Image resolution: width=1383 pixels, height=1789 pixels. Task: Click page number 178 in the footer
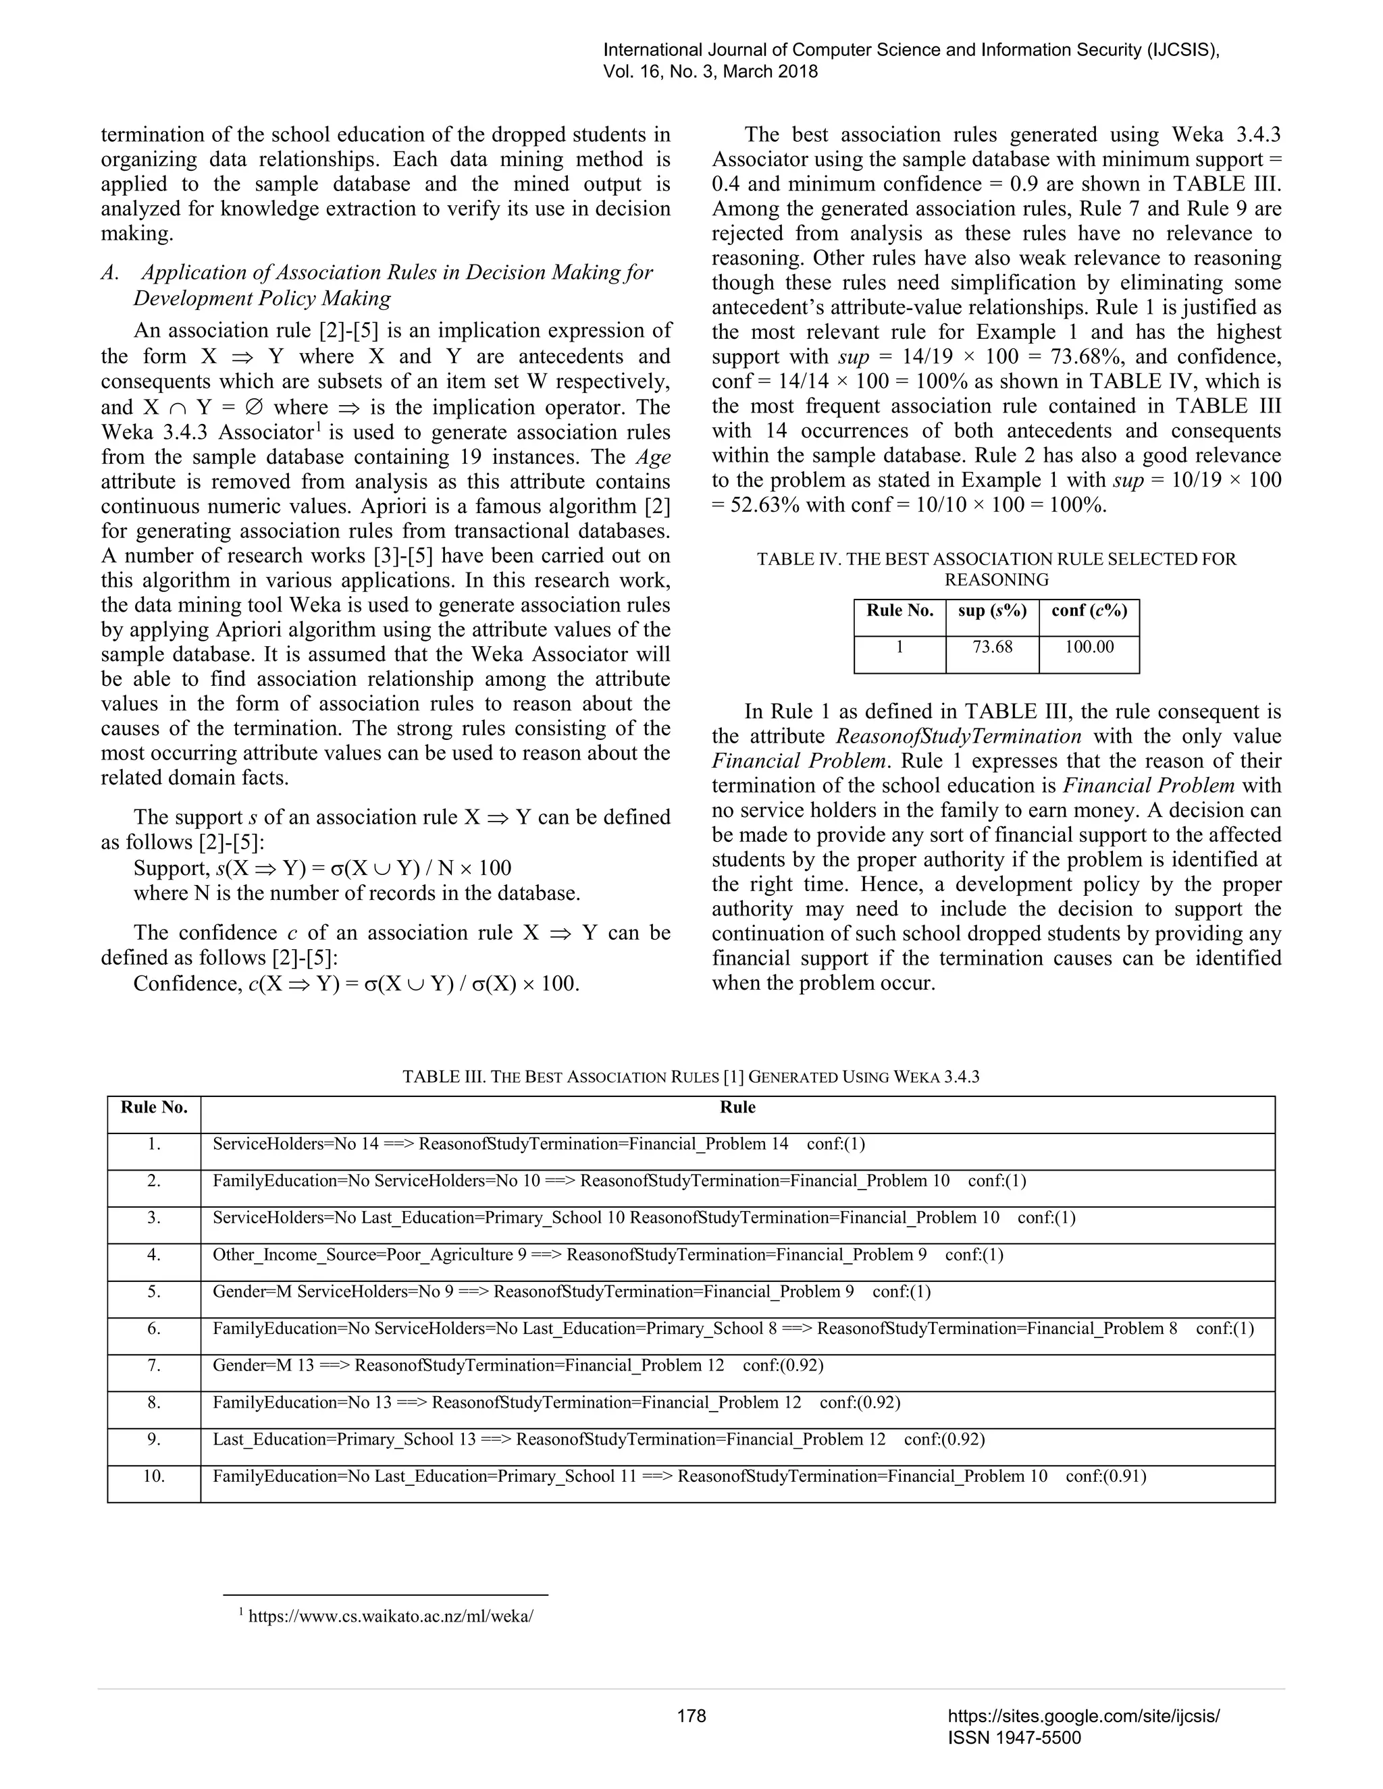[x=691, y=1715]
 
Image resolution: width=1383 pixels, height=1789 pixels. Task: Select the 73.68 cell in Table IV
[x=992, y=647]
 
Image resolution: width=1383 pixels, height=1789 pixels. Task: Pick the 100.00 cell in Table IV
[x=1089, y=647]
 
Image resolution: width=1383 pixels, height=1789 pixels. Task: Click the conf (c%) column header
[x=1089, y=610]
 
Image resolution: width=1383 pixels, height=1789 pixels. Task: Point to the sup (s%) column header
[x=992, y=610]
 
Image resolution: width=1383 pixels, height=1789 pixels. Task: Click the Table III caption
[x=691, y=1076]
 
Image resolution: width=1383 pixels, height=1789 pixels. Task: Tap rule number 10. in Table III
[x=154, y=1476]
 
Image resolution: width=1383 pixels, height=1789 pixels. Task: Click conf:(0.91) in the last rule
[x=1105, y=1476]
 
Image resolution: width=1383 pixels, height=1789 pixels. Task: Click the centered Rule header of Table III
[x=737, y=1107]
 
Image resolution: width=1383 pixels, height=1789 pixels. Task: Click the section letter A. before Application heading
[x=111, y=273]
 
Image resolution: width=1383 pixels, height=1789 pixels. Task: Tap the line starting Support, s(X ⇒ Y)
[x=322, y=868]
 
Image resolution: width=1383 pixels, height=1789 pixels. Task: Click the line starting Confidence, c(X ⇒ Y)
[x=357, y=983]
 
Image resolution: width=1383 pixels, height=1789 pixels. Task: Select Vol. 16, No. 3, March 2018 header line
[x=710, y=72]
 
